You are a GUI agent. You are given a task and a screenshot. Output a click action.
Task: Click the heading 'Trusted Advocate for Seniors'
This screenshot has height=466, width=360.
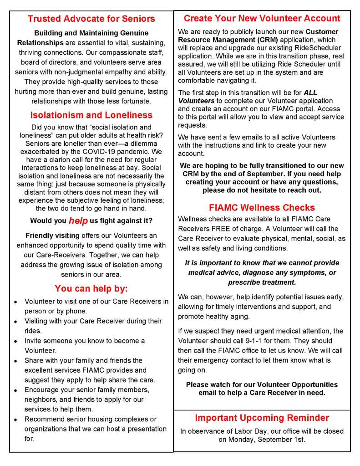[x=91, y=19]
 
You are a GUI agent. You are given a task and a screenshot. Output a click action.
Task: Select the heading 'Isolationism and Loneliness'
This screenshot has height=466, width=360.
[x=91, y=115]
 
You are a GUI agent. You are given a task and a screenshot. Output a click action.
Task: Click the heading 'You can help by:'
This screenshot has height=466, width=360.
[x=91, y=288]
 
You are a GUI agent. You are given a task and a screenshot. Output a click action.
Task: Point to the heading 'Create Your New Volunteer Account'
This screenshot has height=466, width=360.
[x=262, y=18]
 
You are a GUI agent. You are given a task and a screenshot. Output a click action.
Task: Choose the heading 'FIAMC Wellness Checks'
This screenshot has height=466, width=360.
[x=262, y=208]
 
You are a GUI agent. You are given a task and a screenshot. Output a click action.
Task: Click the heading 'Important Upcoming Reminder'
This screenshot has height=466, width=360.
[x=262, y=418]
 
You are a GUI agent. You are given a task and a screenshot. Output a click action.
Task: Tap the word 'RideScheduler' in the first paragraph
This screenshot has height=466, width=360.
[x=318, y=48]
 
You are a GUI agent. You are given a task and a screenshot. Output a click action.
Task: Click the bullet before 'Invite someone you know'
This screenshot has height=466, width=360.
[x=16, y=341]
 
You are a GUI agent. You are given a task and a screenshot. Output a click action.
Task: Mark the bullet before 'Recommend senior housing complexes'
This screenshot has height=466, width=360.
[x=16, y=420]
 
